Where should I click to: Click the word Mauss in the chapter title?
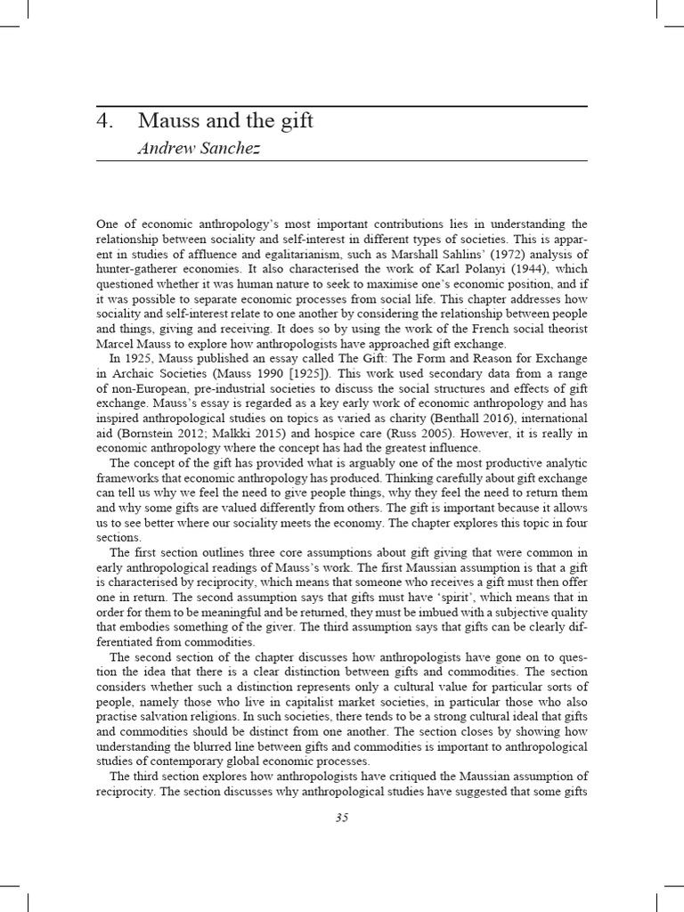pos(168,120)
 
